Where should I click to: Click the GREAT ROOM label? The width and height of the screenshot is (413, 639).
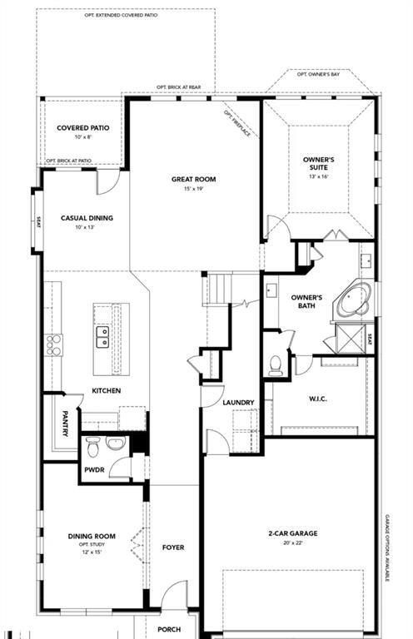pos(193,179)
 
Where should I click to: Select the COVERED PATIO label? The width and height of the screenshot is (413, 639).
pos(83,128)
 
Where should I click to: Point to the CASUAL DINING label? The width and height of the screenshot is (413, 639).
pos(87,218)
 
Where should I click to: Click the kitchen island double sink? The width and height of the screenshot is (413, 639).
pos(102,336)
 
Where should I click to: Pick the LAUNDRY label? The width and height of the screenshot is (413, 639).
pos(238,403)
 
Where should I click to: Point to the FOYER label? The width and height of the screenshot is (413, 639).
pos(173,547)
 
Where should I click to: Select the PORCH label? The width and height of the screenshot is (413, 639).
pos(170,629)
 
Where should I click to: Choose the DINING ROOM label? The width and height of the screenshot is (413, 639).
pos(92,537)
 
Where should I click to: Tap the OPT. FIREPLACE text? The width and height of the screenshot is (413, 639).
pos(236,122)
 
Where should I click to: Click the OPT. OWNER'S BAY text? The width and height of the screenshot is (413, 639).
pos(319,75)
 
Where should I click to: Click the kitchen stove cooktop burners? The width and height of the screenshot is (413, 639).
pos(54,344)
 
